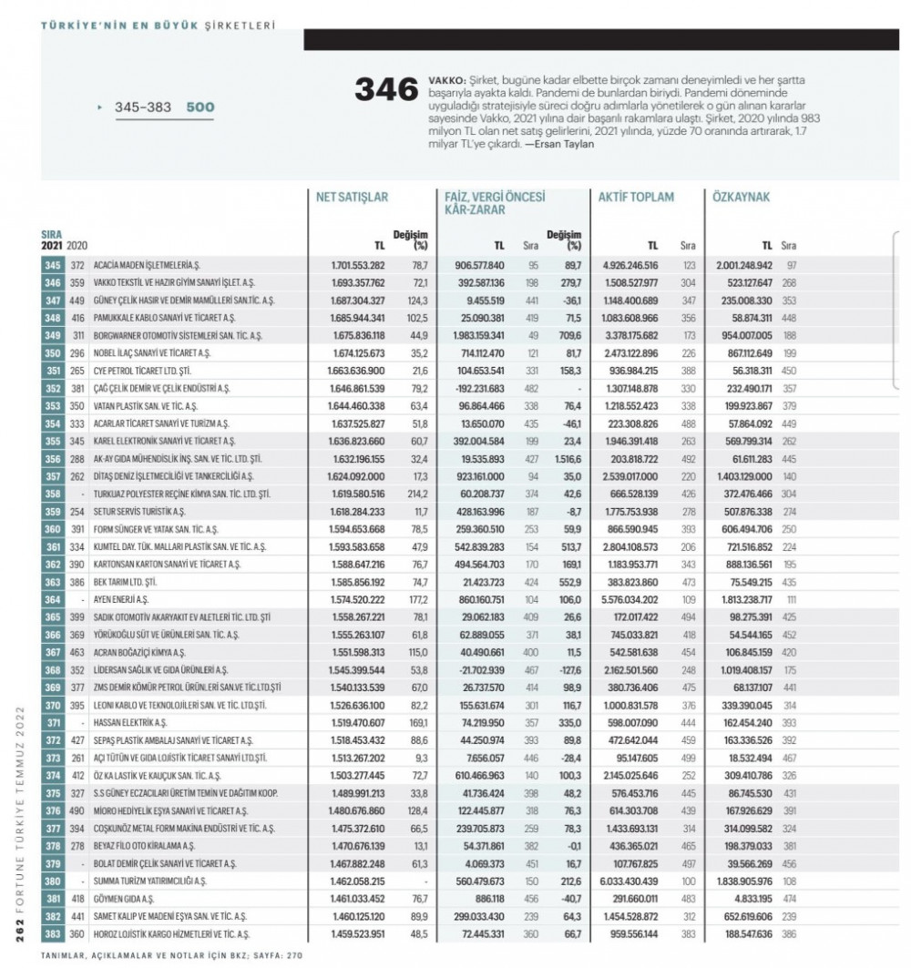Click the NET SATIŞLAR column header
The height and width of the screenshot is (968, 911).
click(353, 196)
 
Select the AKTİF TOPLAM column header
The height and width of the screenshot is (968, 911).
click(636, 196)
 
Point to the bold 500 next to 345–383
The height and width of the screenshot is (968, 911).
click(200, 107)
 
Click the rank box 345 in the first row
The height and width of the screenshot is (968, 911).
click(51, 264)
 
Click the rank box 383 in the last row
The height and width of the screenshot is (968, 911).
click(51, 935)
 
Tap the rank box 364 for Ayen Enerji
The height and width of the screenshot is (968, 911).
click(51, 599)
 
